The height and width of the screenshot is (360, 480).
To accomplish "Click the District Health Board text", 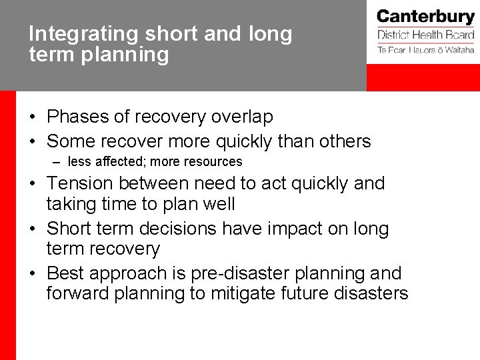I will (x=425, y=35).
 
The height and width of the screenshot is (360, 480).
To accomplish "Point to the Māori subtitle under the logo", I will (x=425, y=50).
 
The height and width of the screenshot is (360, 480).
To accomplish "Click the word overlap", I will (x=242, y=117).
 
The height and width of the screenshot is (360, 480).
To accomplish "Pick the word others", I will (x=344, y=141).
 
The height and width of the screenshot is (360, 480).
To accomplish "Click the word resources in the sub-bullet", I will (x=214, y=161).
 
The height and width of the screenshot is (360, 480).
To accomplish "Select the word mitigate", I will (x=253, y=294).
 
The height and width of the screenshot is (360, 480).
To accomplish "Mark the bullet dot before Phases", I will (x=32, y=118).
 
